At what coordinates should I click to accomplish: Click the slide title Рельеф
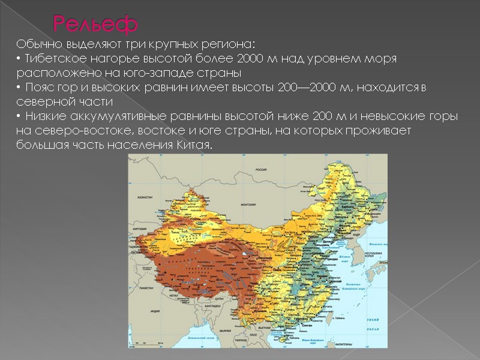pos(96,24)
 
